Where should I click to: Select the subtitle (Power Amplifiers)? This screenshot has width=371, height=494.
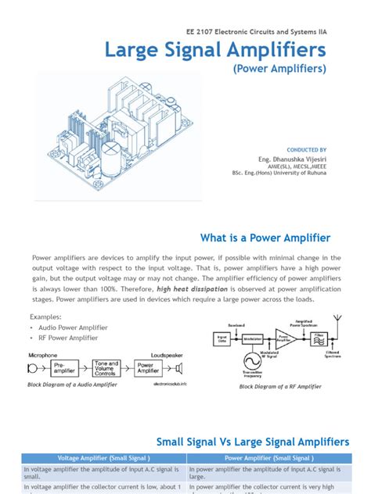click(x=279, y=70)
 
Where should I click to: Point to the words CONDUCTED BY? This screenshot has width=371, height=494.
click(x=307, y=149)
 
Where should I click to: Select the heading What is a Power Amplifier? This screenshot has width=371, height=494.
click(x=265, y=238)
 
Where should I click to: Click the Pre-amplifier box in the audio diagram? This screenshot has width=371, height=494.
click(x=67, y=367)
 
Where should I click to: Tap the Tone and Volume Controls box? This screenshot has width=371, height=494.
click(x=106, y=367)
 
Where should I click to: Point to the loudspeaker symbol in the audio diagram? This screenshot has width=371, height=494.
click(x=179, y=367)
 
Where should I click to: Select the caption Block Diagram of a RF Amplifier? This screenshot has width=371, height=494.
click(x=281, y=387)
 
